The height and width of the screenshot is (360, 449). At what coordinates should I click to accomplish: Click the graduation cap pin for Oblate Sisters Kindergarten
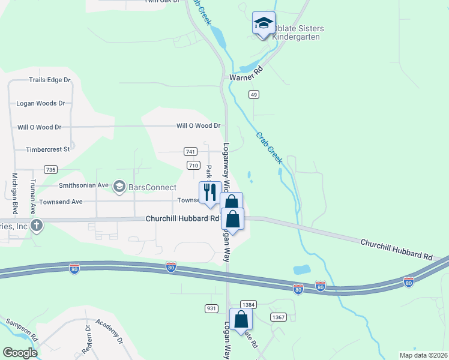click(x=264, y=24)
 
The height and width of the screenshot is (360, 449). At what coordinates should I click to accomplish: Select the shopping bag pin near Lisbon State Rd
click(x=241, y=320)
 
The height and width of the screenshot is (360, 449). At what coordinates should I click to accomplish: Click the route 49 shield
click(x=255, y=94)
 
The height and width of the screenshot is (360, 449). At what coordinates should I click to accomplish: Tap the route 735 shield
click(x=50, y=170)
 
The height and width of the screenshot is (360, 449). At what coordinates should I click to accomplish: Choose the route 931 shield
click(x=211, y=308)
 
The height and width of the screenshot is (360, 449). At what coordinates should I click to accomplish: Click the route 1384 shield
click(x=249, y=305)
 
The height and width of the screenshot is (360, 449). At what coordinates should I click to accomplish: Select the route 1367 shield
click(x=277, y=316)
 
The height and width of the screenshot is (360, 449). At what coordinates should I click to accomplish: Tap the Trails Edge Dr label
click(x=50, y=80)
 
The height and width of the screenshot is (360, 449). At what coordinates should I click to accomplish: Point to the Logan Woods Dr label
click(x=41, y=103)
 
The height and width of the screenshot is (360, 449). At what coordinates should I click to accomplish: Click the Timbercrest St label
click(x=48, y=149)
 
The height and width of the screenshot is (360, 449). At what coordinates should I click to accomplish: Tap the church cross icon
click(x=37, y=226)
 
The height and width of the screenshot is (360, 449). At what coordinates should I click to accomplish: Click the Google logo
click(x=20, y=353)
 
